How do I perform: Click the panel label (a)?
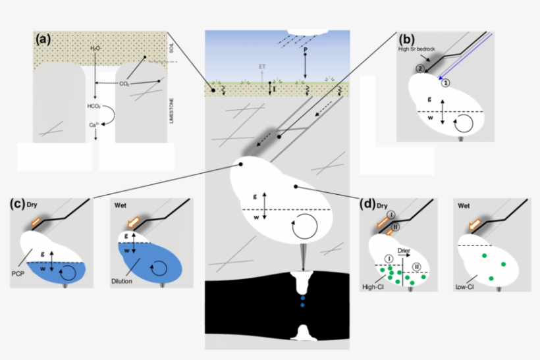(x=43, y=39)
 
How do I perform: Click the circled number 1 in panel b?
(x=445, y=82)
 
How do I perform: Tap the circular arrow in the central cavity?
(x=304, y=227)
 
